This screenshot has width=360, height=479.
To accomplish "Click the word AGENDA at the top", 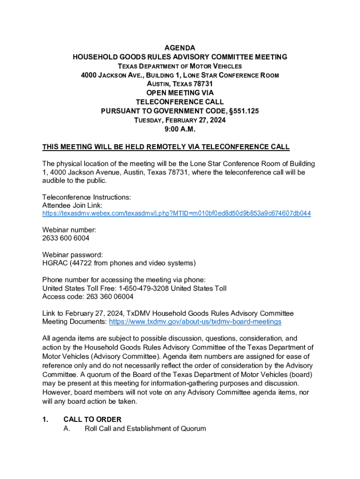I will [180, 48].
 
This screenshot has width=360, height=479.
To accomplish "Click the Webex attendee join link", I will [176, 213].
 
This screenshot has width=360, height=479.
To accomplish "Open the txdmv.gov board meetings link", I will [195, 322].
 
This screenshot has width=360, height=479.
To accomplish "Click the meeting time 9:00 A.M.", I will [180, 129].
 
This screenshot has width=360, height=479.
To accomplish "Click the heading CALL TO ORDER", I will [92, 419].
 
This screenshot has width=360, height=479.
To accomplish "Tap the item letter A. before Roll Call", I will [67, 428].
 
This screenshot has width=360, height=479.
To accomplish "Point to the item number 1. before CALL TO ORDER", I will [45, 419].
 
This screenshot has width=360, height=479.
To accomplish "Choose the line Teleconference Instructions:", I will [86, 197].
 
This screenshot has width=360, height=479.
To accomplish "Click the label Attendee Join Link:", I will [72, 205].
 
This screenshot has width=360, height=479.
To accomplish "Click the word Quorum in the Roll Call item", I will [193, 428].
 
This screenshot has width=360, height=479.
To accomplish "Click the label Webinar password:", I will [72, 254].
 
